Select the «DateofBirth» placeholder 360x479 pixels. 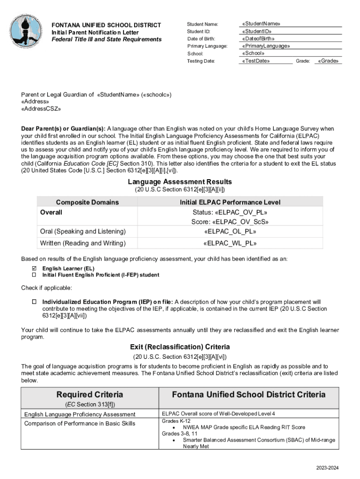(x=258, y=39)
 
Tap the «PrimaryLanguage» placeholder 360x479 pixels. (x=266, y=46)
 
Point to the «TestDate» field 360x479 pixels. (x=256, y=61)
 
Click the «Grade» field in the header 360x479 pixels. (x=328, y=61)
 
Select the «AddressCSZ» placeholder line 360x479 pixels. (x=41, y=109)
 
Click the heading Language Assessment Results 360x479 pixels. (x=180, y=181)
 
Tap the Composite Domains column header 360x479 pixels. (x=87, y=202)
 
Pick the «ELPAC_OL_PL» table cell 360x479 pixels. (x=230, y=232)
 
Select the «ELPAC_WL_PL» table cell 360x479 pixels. (x=230, y=243)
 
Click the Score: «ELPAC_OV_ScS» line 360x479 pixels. (x=230, y=222)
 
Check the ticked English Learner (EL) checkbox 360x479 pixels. (x=34, y=269)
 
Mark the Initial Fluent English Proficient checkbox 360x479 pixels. (x=34, y=275)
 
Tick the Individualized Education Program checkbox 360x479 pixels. (x=34, y=302)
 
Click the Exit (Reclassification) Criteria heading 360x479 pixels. (x=180, y=347)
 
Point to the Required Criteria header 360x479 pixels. (x=90, y=394)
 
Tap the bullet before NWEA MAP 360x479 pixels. (x=174, y=427)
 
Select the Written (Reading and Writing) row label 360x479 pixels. (x=83, y=243)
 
